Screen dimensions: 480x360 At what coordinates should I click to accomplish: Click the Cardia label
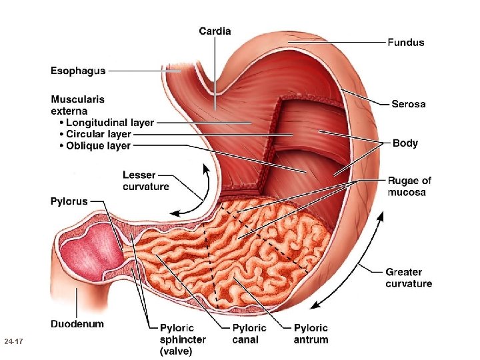[x=215, y=31]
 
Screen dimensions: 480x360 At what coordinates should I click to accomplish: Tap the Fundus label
[x=405, y=43]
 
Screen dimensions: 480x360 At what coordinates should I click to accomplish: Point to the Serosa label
[x=408, y=104]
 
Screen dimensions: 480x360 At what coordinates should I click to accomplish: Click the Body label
[x=405, y=143]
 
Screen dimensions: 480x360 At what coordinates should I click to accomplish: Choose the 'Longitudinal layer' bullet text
[x=110, y=123]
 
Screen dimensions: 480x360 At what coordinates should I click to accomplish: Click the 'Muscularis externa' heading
[x=78, y=105]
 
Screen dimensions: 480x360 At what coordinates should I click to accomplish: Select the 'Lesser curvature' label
[x=146, y=181]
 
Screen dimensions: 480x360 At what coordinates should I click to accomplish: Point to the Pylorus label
[x=69, y=201]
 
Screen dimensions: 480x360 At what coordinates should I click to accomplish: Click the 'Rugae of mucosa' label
[x=409, y=187]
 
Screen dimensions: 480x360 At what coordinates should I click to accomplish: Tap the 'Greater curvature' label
[x=409, y=278]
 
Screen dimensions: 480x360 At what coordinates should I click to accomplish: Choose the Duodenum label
[x=77, y=324]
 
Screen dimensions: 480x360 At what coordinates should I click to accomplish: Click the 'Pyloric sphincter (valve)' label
[x=183, y=339]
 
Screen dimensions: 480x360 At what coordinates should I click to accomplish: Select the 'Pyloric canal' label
[x=249, y=333]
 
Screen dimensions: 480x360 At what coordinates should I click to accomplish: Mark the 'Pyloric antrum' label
[x=311, y=333]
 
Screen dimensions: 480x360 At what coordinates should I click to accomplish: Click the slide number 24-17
[x=13, y=342]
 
